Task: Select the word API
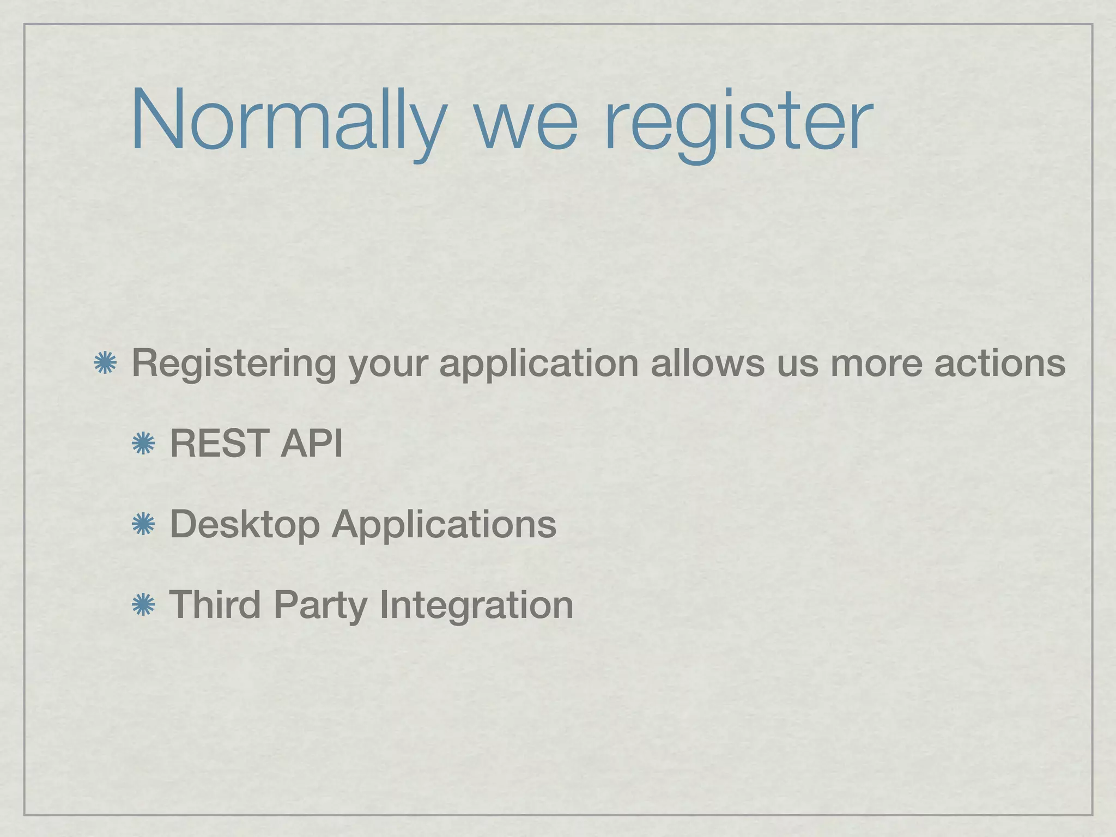click(311, 443)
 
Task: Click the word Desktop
click(245, 524)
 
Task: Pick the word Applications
click(444, 524)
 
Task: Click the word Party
click(320, 605)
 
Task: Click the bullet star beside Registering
click(104, 363)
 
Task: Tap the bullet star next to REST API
click(143, 444)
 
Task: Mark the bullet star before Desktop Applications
click(143, 524)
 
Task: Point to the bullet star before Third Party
click(143, 605)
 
